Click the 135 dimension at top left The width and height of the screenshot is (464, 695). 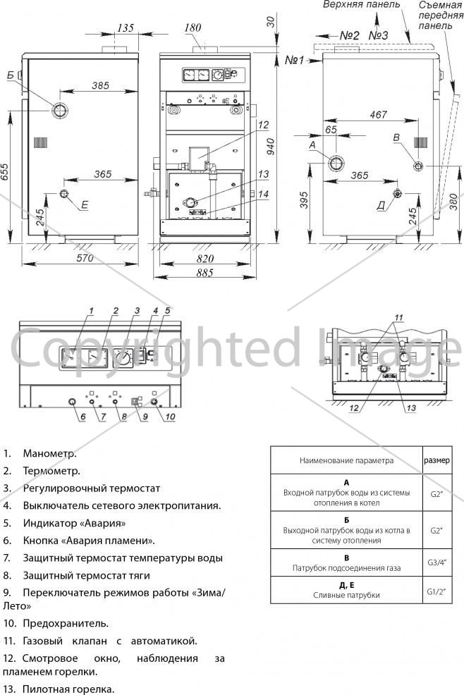[x=126, y=28]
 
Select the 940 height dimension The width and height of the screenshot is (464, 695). [x=270, y=147]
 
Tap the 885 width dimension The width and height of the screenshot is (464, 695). [x=205, y=273]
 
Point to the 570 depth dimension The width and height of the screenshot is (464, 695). [x=85, y=258]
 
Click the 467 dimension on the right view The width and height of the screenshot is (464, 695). [x=379, y=114]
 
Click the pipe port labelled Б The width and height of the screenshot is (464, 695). [x=59, y=109]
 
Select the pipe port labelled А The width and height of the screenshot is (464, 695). [x=336, y=163]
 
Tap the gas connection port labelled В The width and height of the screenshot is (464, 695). [x=418, y=166]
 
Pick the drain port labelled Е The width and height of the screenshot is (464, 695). [x=65, y=194]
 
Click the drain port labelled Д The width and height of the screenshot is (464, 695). [x=397, y=194]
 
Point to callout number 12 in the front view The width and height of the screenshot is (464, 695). [x=264, y=125]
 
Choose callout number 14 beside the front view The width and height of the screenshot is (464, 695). [x=264, y=194]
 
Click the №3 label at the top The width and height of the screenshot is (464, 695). [x=378, y=35]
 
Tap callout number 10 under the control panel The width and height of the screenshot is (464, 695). [x=171, y=417]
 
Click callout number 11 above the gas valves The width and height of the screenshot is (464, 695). [x=399, y=317]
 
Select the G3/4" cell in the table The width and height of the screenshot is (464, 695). [x=437, y=562]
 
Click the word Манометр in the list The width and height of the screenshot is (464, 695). [x=49, y=453]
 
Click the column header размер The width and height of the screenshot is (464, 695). [x=437, y=460]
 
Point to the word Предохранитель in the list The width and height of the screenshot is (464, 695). [x=65, y=623]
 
